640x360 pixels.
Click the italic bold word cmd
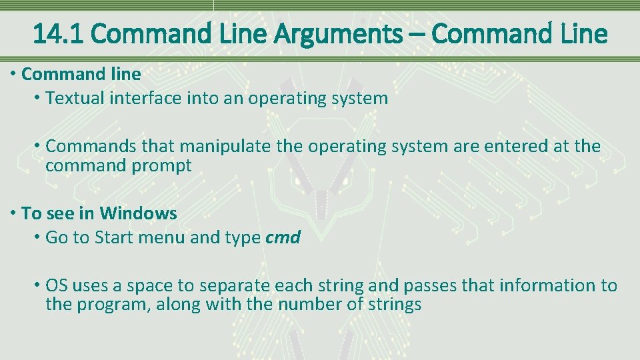(x=283, y=238)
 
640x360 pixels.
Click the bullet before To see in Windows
(x=13, y=214)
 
